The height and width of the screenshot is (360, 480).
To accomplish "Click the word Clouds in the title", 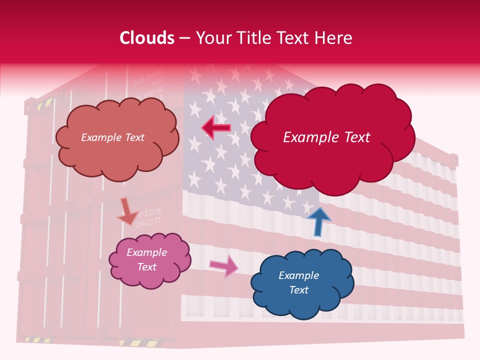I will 147,38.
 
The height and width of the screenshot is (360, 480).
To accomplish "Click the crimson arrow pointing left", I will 216,128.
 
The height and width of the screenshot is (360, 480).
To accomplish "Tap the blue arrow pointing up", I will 318,221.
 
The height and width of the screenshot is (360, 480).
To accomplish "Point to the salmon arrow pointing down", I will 127,211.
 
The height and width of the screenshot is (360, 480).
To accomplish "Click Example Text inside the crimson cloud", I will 326,137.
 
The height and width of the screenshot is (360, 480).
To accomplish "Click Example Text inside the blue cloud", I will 298,282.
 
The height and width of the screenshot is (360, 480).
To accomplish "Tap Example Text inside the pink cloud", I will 147,259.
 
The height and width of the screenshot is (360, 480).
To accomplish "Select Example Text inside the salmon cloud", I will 112,137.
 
